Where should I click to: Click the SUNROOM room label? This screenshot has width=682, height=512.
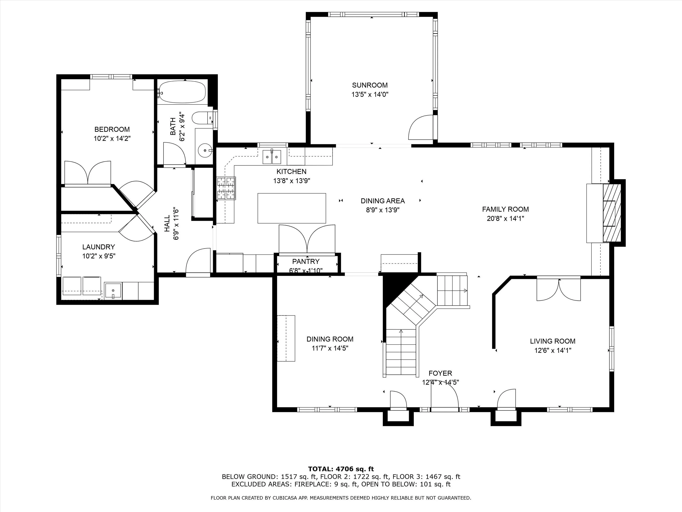coord(370,85)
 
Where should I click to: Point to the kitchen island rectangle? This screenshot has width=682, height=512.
coord(292,208)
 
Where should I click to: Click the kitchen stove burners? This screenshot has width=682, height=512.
coord(226,188)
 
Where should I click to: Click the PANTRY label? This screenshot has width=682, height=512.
coord(306,262)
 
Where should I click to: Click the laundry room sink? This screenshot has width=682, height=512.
coord(113,291)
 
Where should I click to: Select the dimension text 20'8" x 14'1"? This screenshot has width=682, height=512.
coord(505,218)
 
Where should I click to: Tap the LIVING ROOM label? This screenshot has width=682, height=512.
coord(552,341)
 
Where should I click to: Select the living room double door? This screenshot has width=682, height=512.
coord(559,289)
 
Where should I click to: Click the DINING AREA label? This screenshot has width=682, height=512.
coord(383,201)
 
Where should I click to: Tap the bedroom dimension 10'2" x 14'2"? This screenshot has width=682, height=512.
coord(112,139)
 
